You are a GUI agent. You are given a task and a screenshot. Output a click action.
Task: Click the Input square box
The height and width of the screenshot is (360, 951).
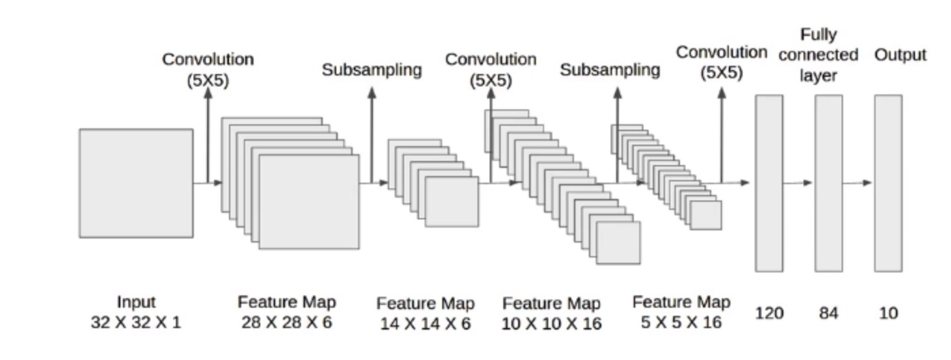pos(136,183)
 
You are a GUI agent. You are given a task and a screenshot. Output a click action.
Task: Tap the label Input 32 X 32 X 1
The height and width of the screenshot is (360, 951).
pos(136,312)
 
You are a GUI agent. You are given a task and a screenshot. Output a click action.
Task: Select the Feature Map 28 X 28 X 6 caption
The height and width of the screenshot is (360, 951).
pos(287,312)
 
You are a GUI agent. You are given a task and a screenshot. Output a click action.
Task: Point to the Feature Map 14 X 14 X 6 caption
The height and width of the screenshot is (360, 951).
pos(425,313)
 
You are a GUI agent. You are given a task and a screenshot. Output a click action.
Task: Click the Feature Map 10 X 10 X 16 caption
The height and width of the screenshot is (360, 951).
pos(552,313)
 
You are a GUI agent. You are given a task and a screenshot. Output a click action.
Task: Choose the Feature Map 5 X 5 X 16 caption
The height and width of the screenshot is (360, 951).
pos(681,312)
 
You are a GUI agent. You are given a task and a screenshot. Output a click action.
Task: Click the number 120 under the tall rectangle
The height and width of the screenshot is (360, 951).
pos(769,313)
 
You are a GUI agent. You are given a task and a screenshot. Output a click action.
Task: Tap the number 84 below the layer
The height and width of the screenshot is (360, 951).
pos(828,313)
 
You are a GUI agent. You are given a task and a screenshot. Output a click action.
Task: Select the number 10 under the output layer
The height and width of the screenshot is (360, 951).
pos(888,313)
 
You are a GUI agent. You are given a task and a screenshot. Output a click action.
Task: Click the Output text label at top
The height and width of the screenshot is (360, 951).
pos(900,55)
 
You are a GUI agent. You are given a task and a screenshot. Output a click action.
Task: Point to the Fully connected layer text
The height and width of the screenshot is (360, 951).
pos(819,54)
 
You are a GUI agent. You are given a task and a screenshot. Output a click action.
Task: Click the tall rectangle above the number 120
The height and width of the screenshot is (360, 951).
pos(769,183)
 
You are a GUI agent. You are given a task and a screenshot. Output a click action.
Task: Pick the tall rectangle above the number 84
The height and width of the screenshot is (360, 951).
pos(828,183)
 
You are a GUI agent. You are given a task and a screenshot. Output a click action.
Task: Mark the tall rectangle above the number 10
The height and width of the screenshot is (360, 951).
pos(888,183)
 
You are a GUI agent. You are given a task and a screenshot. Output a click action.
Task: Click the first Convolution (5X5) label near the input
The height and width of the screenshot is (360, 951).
pos(208,69)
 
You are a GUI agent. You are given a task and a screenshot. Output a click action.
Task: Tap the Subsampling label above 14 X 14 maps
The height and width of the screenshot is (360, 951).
pos(372,70)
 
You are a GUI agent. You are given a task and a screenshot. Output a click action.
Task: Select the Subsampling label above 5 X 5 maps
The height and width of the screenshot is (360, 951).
pos(610,70)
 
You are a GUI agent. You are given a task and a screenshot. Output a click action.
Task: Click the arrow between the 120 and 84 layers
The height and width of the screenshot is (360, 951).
pos(798,183)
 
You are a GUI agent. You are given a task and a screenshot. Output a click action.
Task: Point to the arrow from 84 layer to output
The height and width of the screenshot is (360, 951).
pos(858,183)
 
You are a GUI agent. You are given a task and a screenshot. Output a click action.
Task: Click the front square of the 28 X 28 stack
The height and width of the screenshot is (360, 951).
pos(309,202)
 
